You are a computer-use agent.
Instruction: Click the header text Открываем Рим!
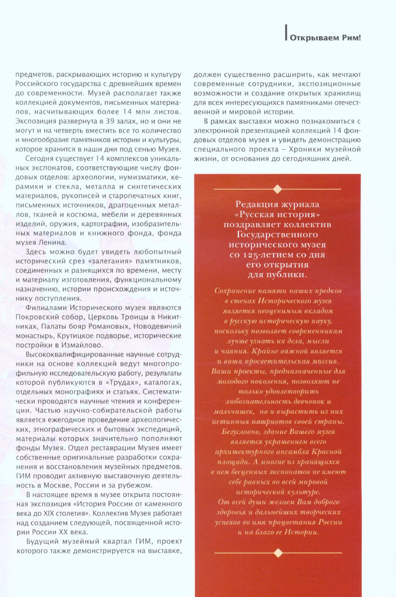tap(325, 38)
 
